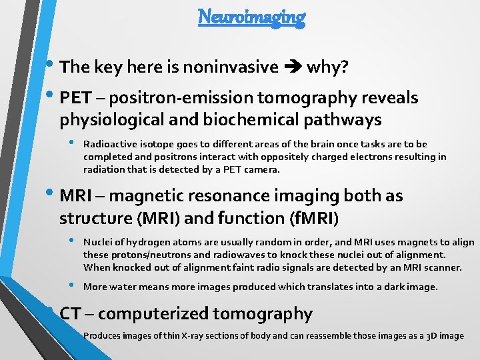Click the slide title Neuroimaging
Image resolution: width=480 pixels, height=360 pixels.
click(x=251, y=17)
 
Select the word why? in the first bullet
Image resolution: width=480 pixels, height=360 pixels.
click(x=325, y=67)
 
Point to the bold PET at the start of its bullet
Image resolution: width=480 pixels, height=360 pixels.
click(x=75, y=98)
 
